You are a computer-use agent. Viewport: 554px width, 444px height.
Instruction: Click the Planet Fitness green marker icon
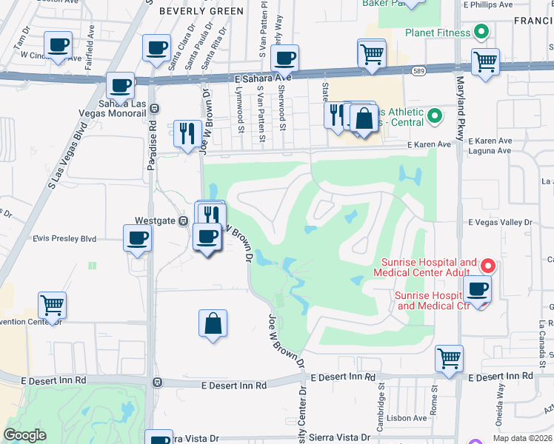tap(480, 33)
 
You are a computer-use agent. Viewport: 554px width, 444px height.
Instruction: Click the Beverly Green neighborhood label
tap(201, 11)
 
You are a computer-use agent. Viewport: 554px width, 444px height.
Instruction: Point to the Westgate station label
tap(156, 221)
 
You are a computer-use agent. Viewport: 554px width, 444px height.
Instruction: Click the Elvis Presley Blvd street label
tap(64, 239)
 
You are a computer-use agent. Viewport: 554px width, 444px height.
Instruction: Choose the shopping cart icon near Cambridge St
tap(449, 359)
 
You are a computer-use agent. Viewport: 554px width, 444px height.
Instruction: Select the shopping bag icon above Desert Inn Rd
tap(213, 323)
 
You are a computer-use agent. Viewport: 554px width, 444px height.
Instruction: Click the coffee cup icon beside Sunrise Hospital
tap(477, 289)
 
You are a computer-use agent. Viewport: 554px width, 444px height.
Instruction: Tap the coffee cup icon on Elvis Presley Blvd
tap(138, 240)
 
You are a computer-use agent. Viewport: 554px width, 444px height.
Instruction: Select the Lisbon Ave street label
tap(407, 418)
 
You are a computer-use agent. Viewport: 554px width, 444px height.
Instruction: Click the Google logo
tap(25, 435)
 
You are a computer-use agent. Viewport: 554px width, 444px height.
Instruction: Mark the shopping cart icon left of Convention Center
tap(52, 304)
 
